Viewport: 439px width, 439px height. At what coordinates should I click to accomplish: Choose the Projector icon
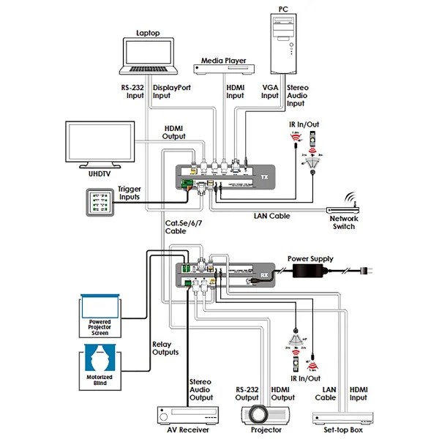tap(266, 413)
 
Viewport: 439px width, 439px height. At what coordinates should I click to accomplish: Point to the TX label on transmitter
tap(263, 177)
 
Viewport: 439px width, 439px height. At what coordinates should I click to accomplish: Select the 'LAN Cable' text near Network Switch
tap(271, 216)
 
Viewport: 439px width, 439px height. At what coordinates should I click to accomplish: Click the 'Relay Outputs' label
tap(165, 348)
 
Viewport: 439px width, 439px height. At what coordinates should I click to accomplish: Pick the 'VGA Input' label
tap(270, 91)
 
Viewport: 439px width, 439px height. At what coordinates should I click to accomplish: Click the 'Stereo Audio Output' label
tap(200, 390)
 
